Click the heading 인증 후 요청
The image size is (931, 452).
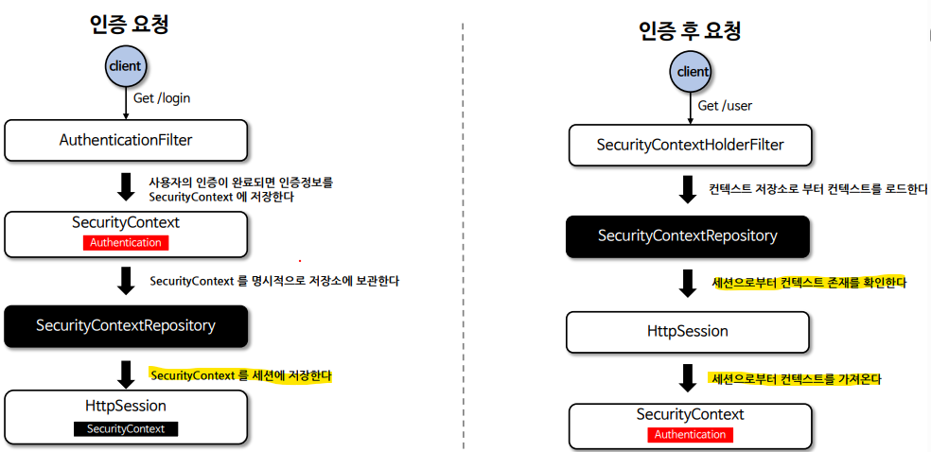(690, 30)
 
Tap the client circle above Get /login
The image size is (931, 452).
(126, 66)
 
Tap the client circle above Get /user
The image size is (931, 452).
(693, 72)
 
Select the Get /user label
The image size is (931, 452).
(726, 105)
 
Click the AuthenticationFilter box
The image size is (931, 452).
(126, 140)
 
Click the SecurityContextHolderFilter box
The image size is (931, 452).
(691, 146)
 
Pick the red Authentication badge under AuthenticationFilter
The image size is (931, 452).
(126, 243)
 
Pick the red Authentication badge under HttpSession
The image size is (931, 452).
(691, 435)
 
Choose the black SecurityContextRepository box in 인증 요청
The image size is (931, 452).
(126, 325)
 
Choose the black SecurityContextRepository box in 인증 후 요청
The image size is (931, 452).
(688, 235)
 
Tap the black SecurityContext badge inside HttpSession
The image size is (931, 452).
(126, 428)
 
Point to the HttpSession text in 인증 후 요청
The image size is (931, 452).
(688, 331)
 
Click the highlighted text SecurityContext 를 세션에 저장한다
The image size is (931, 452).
(241, 375)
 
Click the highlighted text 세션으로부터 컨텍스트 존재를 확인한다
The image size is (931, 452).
(809, 282)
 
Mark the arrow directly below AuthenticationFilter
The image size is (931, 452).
(126, 186)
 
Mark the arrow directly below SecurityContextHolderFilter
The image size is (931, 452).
(688, 189)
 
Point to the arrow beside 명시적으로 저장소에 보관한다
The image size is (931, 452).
(126, 280)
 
